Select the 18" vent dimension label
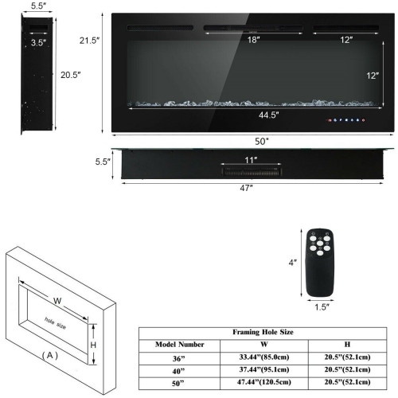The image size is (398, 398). tap(254, 39)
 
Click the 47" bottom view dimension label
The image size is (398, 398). tap(245, 188)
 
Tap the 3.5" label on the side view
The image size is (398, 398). tap(37, 42)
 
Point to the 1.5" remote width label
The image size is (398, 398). tap(322, 306)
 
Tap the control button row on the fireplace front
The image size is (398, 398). tap(344, 121)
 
